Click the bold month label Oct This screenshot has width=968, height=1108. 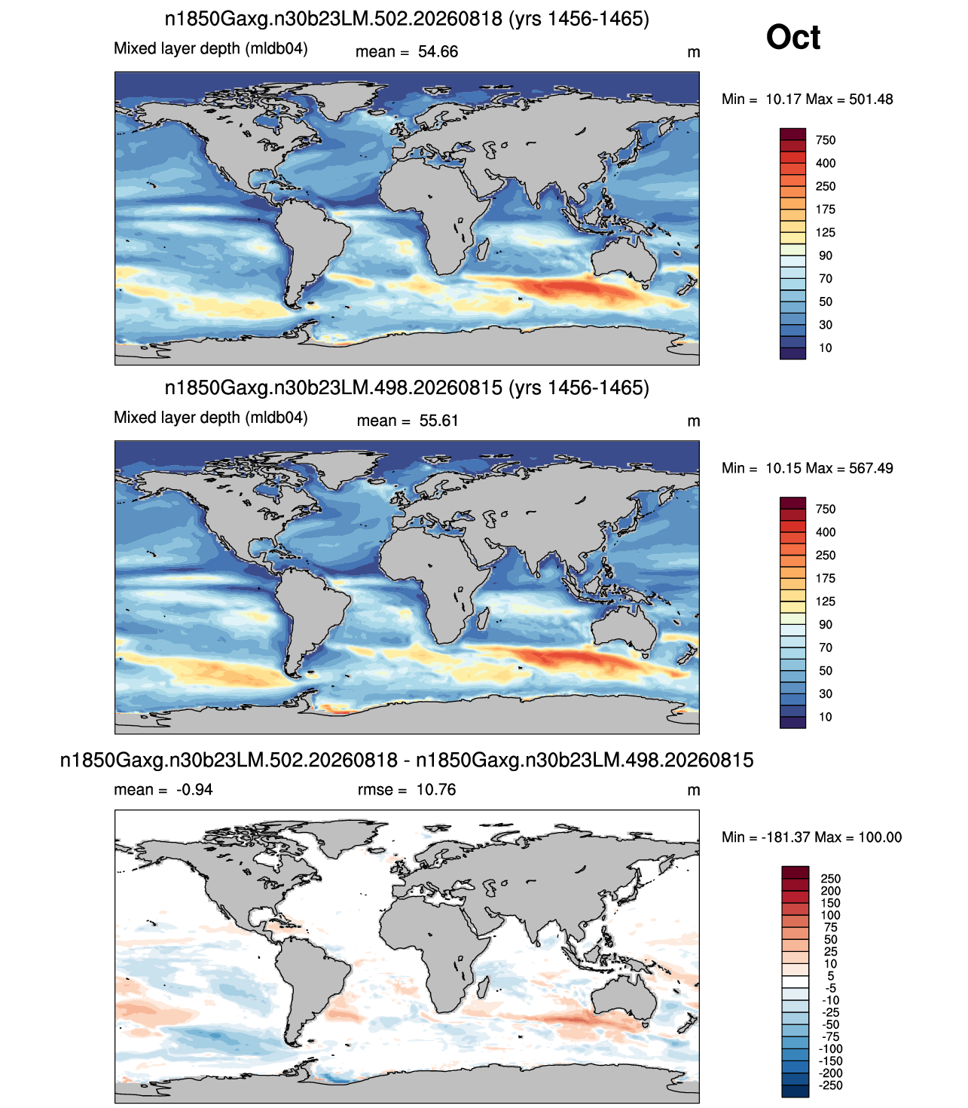click(x=792, y=37)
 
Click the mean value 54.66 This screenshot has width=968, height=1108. click(x=438, y=52)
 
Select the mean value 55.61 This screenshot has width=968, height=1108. click(x=438, y=421)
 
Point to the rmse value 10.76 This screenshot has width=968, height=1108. click(x=435, y=790)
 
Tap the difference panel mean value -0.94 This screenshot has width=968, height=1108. click(x=194, y=790)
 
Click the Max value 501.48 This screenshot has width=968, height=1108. click(x=871, y=99)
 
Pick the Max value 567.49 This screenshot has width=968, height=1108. click(x=871, y=468)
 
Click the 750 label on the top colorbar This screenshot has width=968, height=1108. click(x=826, y=140)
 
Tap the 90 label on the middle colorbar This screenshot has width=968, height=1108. click(x=825, y=624)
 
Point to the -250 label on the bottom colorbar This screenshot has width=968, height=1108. click(x=831, y=1085)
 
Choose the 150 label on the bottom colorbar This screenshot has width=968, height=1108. click(x=831, y=903)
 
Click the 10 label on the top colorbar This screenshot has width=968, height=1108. click(x=825, y=347)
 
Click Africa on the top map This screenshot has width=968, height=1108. click(x=433, y=206)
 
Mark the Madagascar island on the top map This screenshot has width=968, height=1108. click(x=484, y=249)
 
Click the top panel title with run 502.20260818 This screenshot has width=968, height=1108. click(x=406, y=19)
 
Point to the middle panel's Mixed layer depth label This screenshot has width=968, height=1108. click(x=210, y=418)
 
